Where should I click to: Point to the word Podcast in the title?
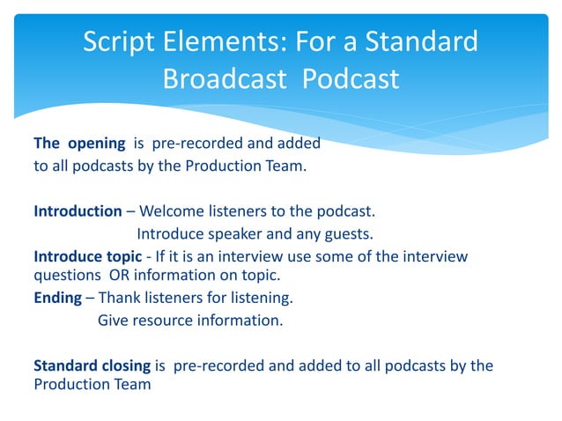[x=351, y=79]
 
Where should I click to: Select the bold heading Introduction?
[x=78, y=211]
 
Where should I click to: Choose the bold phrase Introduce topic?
[x=86, y=255]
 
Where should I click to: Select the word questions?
[x=62, y=276]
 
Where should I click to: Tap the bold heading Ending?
[x=57, y=298]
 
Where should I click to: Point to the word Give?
[x=113, y=320]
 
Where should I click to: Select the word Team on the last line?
[x=132, y=385]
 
